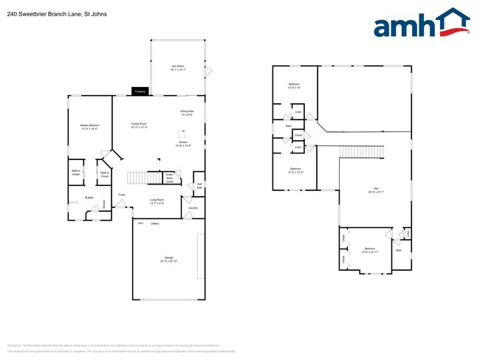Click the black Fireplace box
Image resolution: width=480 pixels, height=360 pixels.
pos(140,91)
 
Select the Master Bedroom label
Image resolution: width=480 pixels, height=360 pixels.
pos(89,127)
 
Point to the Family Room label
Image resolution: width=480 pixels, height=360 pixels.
pos(140,125)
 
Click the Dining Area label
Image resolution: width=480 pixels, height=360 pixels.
pos(186,113)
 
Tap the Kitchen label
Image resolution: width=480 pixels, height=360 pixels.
pos(183,145)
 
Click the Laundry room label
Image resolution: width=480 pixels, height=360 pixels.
pos(193,208)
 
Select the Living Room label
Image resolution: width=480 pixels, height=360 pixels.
pos(157,201)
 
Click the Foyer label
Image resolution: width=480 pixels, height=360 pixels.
pos(121,195)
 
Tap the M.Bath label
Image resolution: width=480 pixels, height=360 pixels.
pos(88,198)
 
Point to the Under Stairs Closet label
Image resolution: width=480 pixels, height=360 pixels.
pos(169,178)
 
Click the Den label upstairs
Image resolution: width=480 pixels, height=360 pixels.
pos(376,190)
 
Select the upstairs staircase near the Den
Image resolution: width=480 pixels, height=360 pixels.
pos(363,151)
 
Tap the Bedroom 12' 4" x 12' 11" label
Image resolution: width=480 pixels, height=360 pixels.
pos(369,250)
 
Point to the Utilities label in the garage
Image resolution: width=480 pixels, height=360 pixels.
pos(154,223)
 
